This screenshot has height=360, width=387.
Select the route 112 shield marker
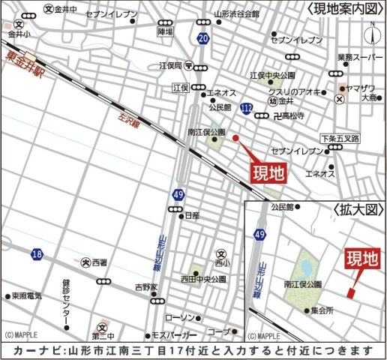click(x=247, y=109)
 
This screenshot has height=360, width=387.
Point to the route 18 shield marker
click(x=36, y=255)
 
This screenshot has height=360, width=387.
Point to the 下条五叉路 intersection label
click(x=340, y=139)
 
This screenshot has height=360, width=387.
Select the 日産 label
click(x=192, y=214)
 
